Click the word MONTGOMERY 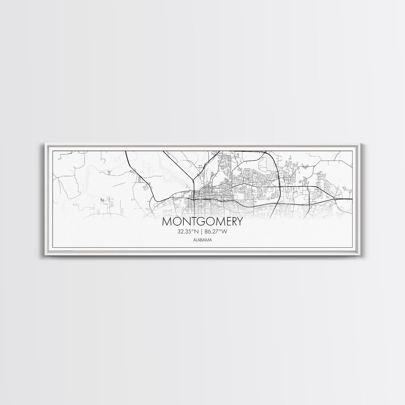coord(202,222)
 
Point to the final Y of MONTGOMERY coord(240,222)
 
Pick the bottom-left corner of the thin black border coord(53,248)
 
